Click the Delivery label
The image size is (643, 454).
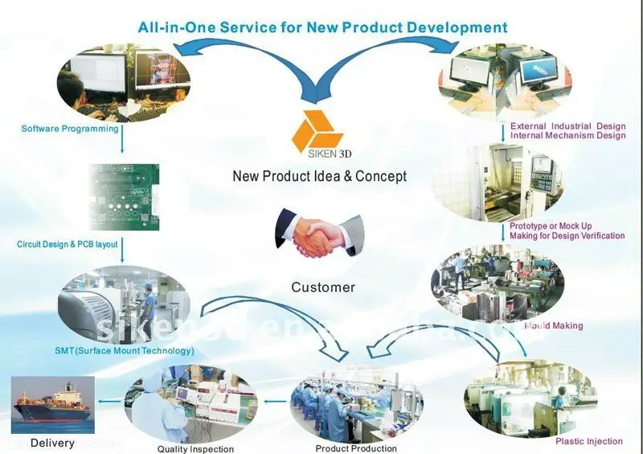click(x=52, y=443)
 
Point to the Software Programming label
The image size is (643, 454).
click(x=70, y=129)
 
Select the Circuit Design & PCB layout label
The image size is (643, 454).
click(x=68, y=243)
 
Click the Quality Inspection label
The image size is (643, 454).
click(x=195, y=449)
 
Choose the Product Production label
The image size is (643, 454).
click(x=356, y=448)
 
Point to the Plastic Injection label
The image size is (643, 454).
click(x=589, y=441)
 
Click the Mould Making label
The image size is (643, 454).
click(x=553, y=326)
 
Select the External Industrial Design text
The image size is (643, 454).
click(x=567, y=126)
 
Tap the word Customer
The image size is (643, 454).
click(x=323, y=287)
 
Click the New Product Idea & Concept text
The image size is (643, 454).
click(x=320, y=176)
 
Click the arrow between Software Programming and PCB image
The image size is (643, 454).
click(x=122, y=143)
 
